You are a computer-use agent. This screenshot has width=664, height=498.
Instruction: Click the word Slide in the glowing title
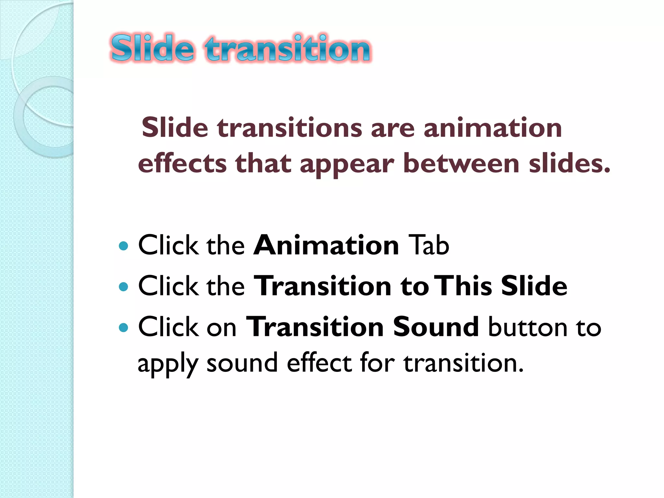152,49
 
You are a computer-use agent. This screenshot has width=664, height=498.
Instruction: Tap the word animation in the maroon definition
492,128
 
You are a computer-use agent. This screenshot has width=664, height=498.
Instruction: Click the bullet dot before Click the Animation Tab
124,246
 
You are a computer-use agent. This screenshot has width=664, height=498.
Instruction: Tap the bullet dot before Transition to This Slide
124,287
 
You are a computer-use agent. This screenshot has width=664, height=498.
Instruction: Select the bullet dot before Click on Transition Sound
124,327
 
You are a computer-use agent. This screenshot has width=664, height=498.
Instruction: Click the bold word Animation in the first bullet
326,245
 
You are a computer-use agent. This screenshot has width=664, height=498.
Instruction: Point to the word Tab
429,245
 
